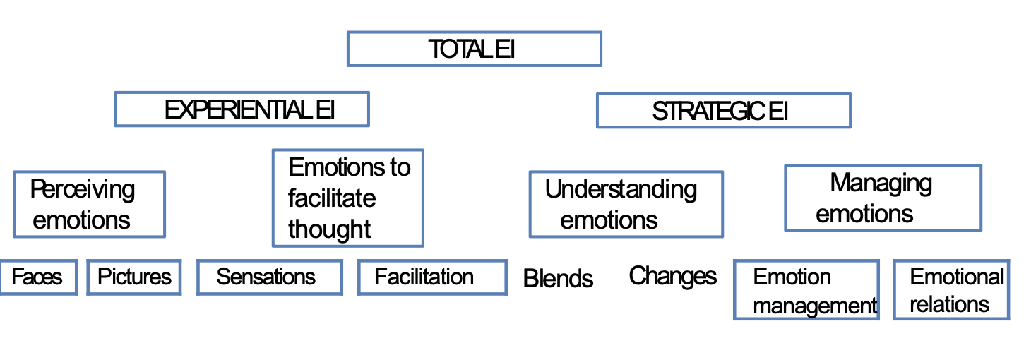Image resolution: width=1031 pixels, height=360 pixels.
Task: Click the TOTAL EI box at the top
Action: tap(474, 49)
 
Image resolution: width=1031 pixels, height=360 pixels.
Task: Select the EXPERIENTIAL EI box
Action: tap(242, 110)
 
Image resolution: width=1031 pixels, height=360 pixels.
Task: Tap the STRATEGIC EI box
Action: tap(723, 112)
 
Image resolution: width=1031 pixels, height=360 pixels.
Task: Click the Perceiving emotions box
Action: tap(89, 204)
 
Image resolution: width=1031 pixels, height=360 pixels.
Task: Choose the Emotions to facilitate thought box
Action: tap(347, 198)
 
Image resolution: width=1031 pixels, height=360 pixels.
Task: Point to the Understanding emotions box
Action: tap(626, 204)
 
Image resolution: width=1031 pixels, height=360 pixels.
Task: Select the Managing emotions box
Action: tap(882, 198)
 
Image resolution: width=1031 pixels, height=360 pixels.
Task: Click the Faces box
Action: tap(38, 277)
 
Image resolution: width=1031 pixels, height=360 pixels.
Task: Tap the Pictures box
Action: tap(134, 277)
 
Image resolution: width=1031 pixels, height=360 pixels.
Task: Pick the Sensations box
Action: tap(269, 277)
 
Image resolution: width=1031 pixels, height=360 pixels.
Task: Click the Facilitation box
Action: tap(431, 277)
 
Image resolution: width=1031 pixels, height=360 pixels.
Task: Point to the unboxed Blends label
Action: tap(558, 279)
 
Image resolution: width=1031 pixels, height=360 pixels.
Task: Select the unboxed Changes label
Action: tap(672, 276)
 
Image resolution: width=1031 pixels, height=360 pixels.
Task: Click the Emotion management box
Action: tap(806, 290)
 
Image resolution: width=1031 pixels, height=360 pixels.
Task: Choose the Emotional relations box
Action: tap(950, 290)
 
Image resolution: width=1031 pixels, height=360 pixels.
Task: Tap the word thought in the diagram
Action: tap(330, 229)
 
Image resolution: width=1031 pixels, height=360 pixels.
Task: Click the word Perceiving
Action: tap(83, 189)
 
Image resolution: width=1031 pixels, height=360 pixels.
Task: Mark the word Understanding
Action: tap(621, 189)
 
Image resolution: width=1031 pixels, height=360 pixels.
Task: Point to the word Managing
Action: tap(881, 183)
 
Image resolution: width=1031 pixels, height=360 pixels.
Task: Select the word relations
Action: tap(949, 304)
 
